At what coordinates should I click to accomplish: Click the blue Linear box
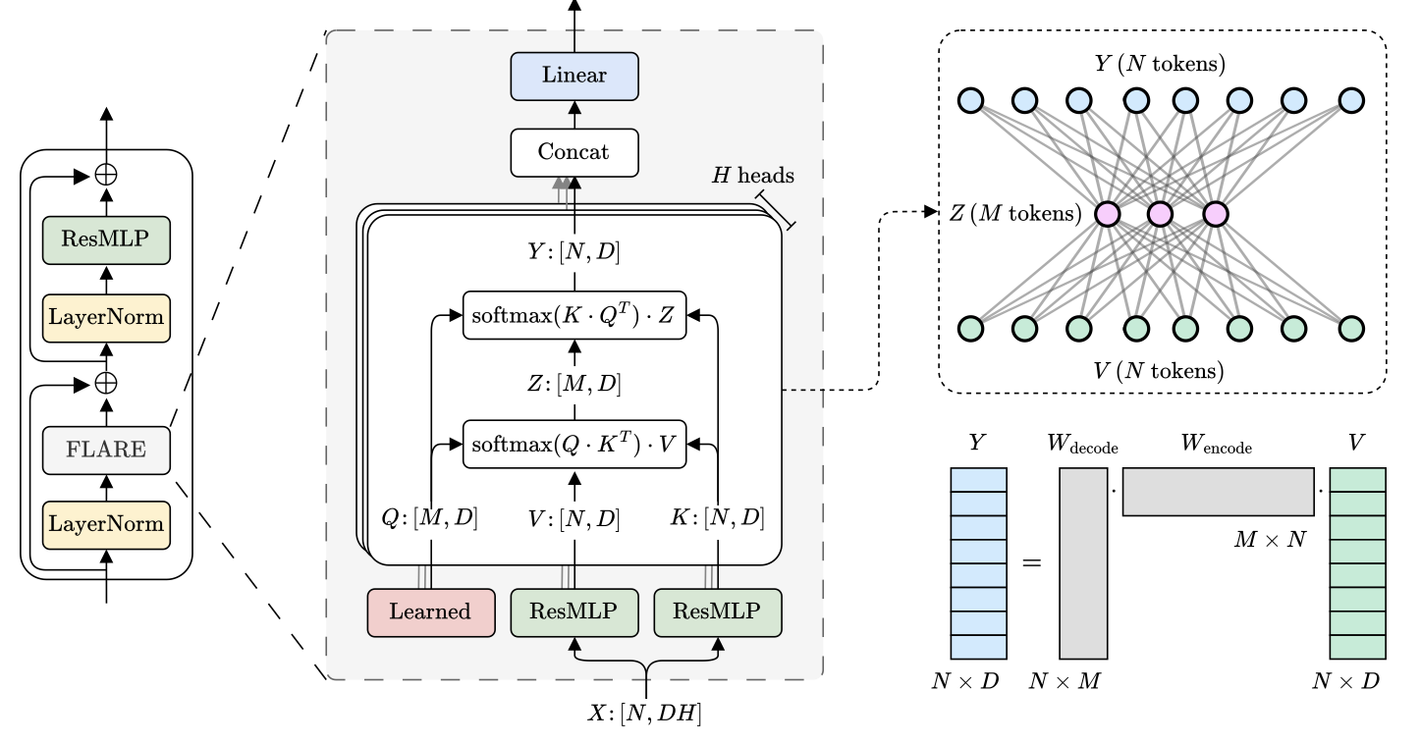click(x=574, y=76)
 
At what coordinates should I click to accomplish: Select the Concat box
click(x=574, y=152)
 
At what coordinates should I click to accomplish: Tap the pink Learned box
click(x=431, y=611)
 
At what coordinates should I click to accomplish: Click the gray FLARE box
click(x=106, y=451)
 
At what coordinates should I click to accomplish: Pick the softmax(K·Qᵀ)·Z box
click(x=574, y=315)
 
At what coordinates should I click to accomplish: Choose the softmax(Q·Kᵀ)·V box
click(x=574, y=444)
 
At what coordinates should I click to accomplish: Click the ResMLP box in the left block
click(x=106, y=239)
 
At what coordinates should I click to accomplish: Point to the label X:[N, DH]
click(x=644, y=714)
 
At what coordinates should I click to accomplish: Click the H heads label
click(x=753, y=176)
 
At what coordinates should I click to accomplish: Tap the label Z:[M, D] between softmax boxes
click(x=574, y=383)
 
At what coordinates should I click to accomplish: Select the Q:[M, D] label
click(x=430, y=517)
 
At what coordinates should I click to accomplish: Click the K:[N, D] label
click(x=718, y=517)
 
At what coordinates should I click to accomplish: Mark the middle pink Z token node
click(x=1160, y=213)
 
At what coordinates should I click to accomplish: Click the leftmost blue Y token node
click(x=970, y=100)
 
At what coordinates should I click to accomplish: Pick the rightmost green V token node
click(x=1351, y=327)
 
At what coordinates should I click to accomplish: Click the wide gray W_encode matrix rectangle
click(x=1218, y=491)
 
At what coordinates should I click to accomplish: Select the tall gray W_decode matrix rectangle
click(x=1083, y=562)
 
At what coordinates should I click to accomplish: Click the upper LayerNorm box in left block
click(x=106, y=317)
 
